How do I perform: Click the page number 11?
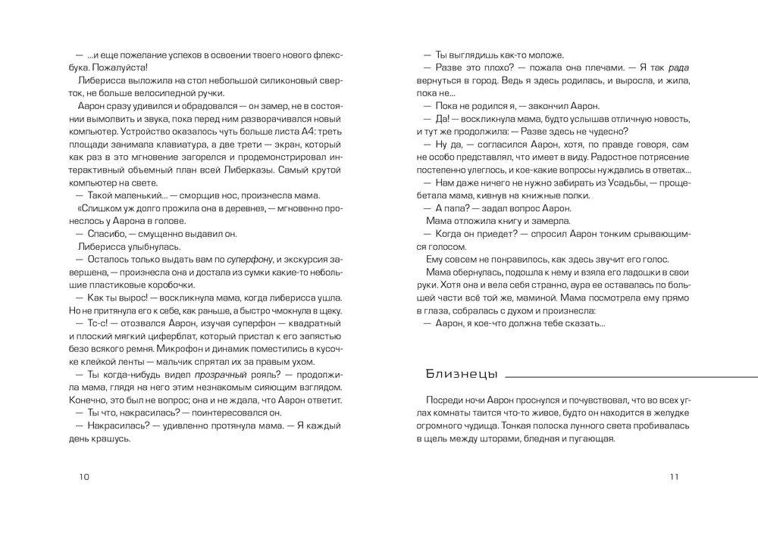coord(674,476)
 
